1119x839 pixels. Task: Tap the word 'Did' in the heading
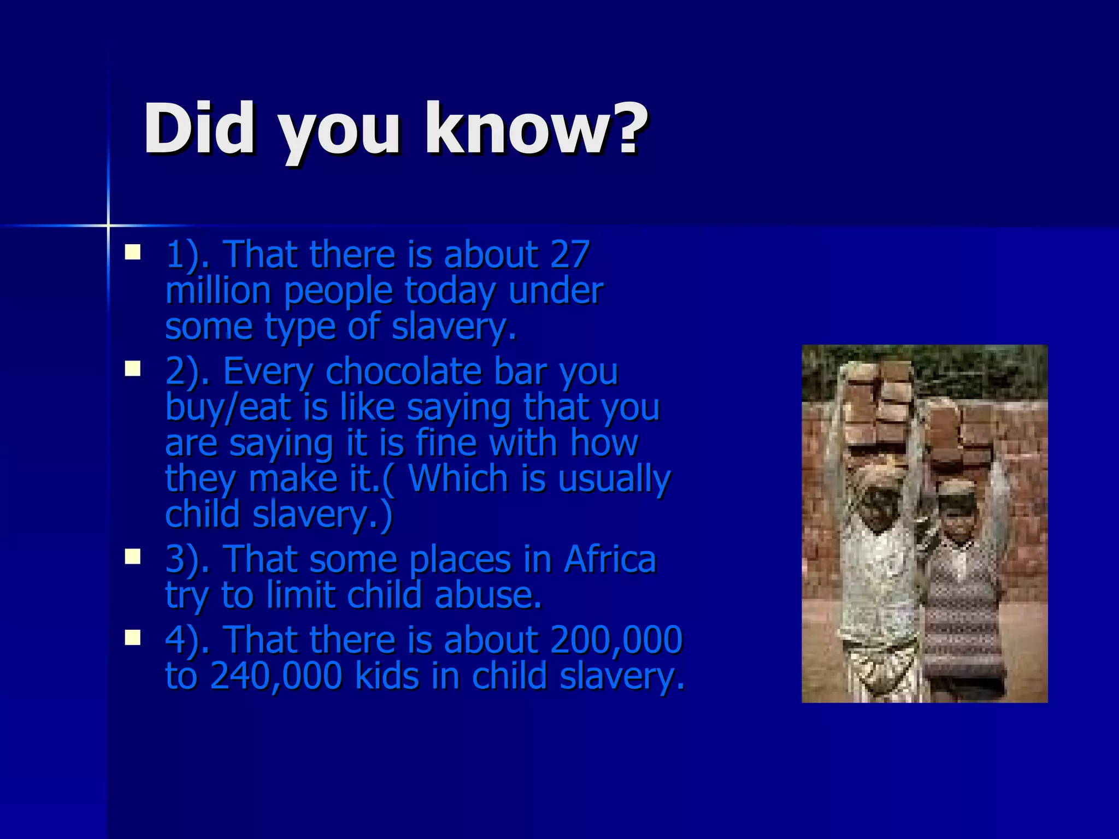(x=199, y=129)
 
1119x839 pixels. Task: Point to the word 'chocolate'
(x=404, y=371)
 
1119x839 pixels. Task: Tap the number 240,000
(x=276, y=675)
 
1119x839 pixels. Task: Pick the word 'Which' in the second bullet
(x=460, y=478)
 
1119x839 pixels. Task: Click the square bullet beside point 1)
(x=132, y=252)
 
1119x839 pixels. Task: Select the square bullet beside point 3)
(x=132, y=557)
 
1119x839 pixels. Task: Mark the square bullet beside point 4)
(x=132, y=637)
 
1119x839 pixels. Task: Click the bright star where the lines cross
(x=108, y=225)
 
